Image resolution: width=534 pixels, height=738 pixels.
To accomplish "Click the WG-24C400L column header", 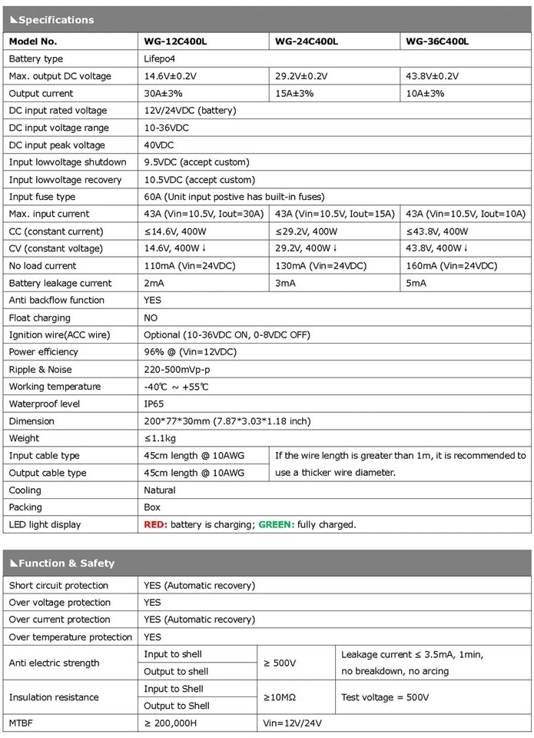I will click(x=307, y=42).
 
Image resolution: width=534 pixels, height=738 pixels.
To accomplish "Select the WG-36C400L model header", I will click(x=437, y=42).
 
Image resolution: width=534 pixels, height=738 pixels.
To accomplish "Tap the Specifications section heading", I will click(x=52, y=20).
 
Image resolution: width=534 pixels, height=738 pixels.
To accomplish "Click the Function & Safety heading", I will click(x=62, y=563).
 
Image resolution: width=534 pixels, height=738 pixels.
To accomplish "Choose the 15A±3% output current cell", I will click(x=297, y=93).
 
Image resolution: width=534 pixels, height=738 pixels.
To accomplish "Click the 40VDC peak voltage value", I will click(x=159, y=145).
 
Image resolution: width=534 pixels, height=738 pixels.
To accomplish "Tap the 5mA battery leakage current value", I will click(x=416, y=283).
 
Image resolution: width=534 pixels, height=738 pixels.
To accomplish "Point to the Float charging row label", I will click(x=39, y=317).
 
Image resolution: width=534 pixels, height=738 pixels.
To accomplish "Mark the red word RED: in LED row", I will click(x=156, y=524).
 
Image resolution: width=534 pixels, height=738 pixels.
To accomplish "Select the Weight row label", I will click(x=25, y=438).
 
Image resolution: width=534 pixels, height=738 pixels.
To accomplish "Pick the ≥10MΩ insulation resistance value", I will click(x=280, y=697).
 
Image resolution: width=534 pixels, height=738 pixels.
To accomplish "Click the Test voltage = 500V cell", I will click(x=386, y=697).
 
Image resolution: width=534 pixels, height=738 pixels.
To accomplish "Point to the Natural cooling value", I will click(x=160, y=490).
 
